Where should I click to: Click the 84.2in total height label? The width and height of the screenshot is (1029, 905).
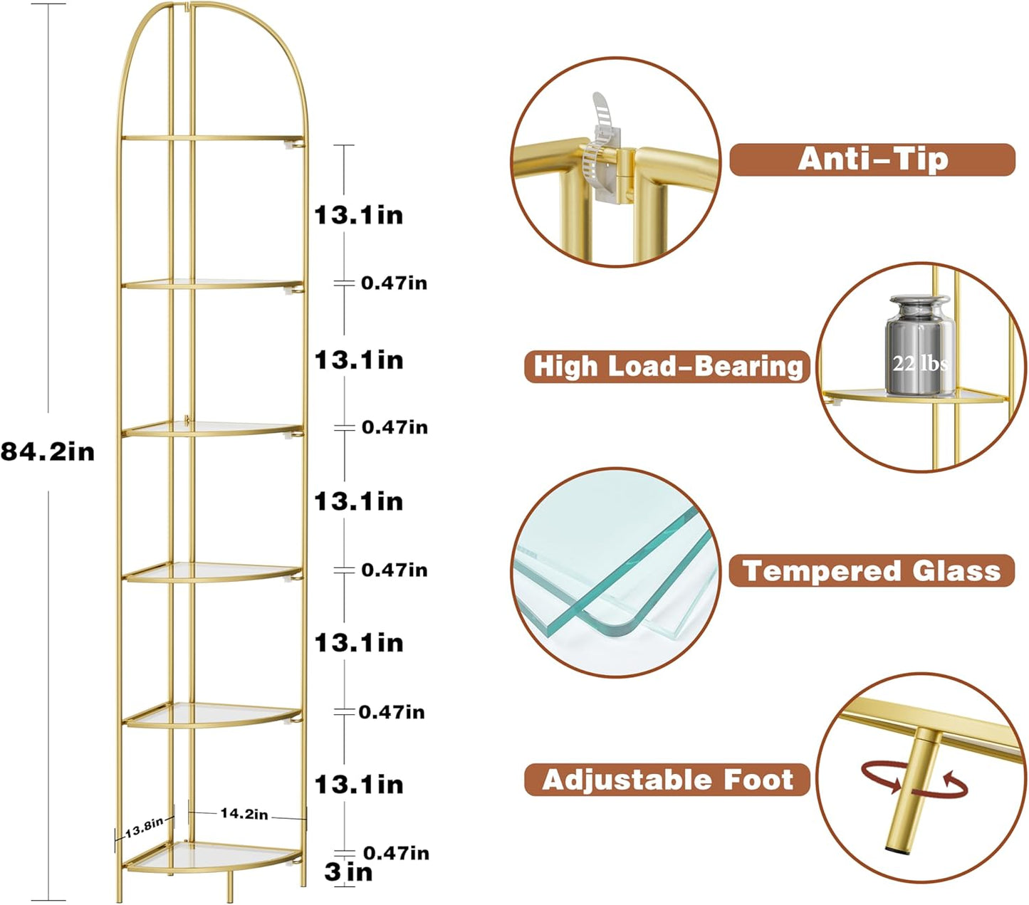point(47,451)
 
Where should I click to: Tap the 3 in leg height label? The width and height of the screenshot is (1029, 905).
point(348,872)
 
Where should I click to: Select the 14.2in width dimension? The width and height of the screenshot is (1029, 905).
point(244,813)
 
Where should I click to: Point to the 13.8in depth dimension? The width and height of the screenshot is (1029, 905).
point(145,829)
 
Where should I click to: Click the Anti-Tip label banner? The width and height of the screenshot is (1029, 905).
point(872,159)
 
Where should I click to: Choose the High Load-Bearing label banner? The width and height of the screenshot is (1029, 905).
point(667,367)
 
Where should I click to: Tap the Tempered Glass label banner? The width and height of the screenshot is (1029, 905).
point(871,571)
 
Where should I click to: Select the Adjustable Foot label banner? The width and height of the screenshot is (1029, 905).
point(667,780)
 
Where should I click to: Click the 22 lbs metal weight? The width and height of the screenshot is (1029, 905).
point(919,347)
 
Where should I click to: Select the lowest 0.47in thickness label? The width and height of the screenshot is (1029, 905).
point(396,853)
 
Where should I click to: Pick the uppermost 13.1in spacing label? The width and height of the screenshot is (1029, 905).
point(359,214)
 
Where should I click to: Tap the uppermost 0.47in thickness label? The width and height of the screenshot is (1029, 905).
point(394,283)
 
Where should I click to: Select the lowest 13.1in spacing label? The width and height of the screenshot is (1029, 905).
point(359,785)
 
